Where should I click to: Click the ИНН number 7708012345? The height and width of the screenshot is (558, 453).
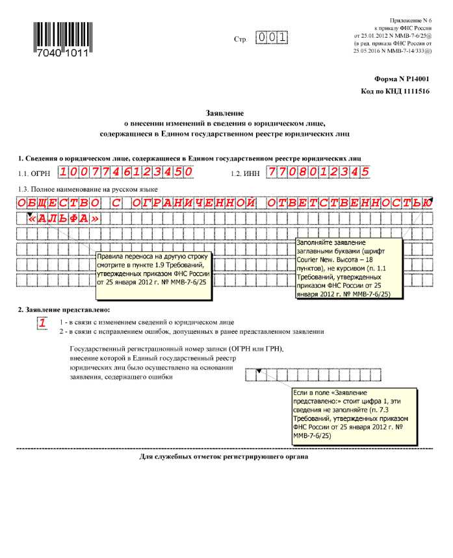click(x=318, y=172)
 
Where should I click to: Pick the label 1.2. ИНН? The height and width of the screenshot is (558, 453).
click(x=246, y=173)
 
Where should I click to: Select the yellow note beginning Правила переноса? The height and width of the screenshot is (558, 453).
click(x=153, y=274)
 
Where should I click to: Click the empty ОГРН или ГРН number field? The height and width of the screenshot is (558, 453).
click(x=305, y=375)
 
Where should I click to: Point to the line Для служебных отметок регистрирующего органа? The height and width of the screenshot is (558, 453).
click(x=224, y=456)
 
